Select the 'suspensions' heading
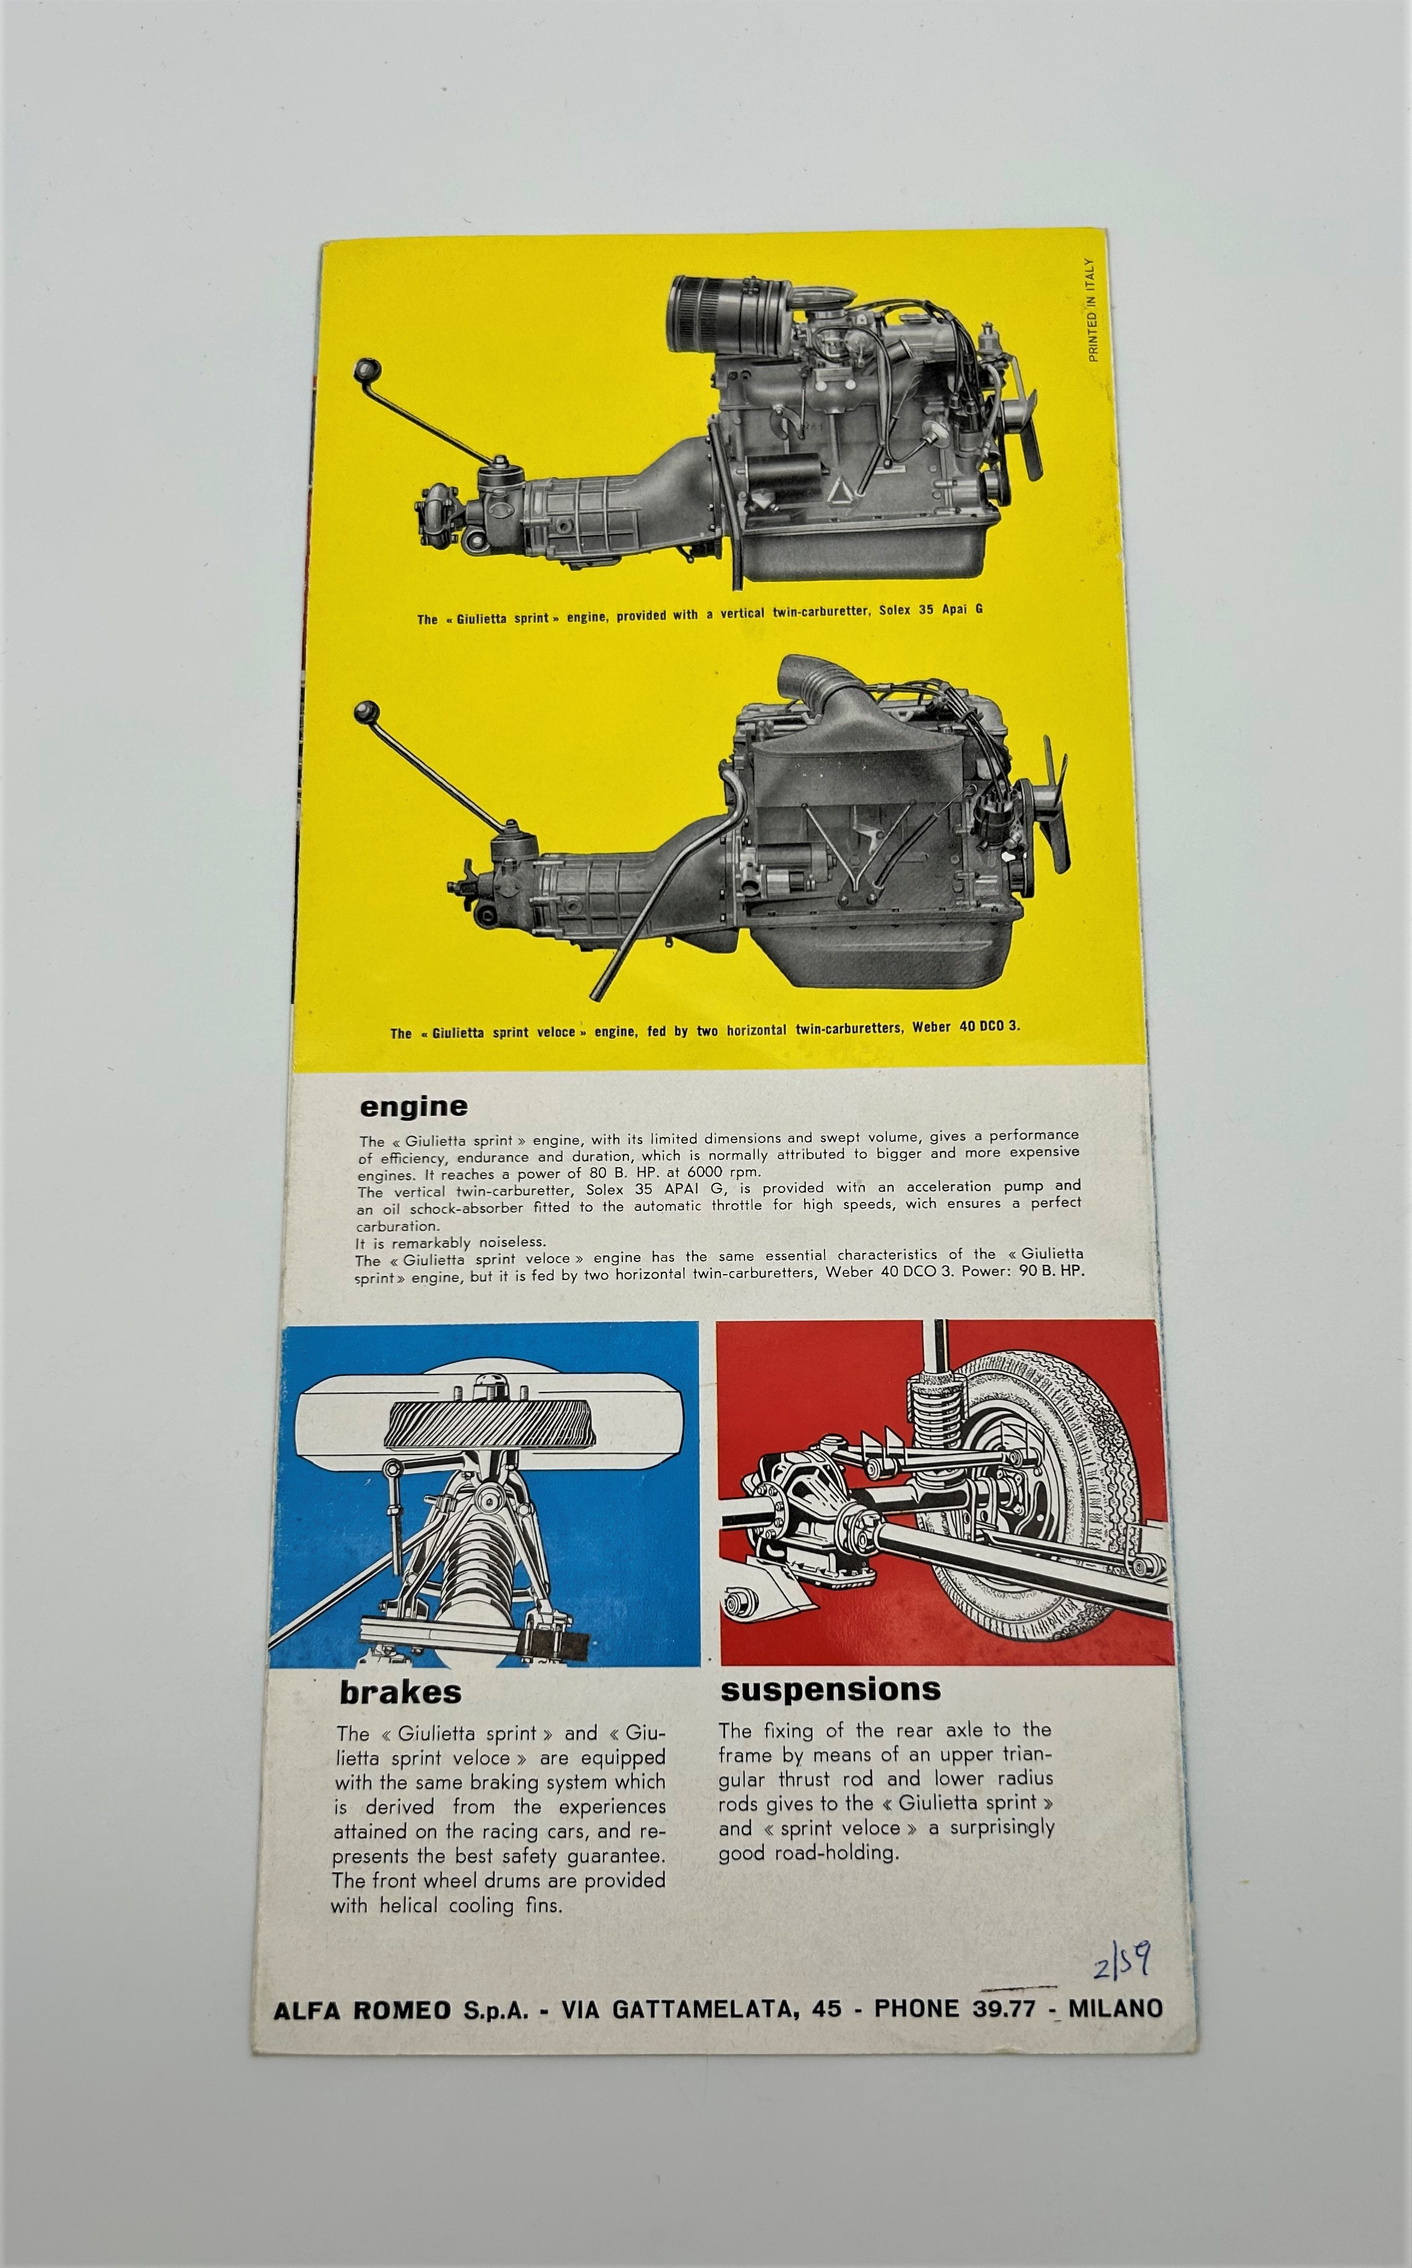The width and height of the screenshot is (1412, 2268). tap(831, 1689)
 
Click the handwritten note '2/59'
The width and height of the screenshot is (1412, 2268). tap(1122, 1960)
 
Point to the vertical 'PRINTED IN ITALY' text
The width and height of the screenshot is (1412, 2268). tap(1091, 310)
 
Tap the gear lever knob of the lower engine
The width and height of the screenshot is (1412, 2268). tap(363, 713)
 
